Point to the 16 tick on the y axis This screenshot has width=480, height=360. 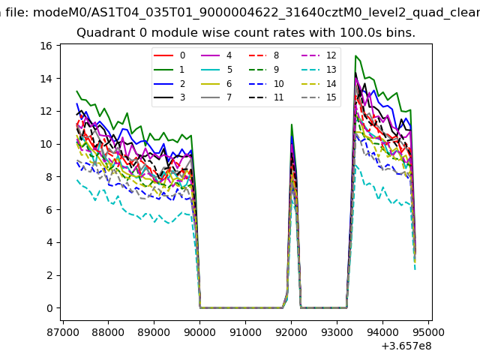point(46,46)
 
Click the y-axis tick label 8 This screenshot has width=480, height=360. point(48,177)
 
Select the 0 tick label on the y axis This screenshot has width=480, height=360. point(48,308)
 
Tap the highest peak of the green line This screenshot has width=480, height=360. point(355,55)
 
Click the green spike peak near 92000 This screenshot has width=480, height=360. point(292,124)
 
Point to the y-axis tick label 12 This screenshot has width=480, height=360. point(46,111)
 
